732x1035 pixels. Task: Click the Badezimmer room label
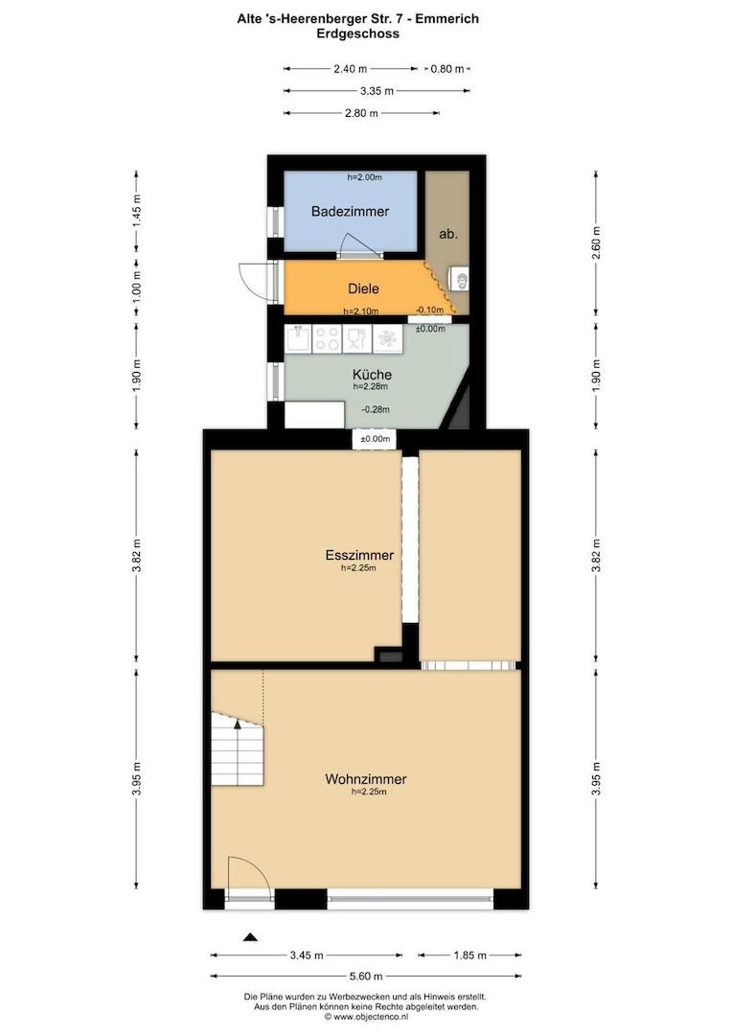click(x=350, y=211)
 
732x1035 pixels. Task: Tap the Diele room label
click(x=363, y=288)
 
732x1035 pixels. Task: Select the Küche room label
click(x=372, y=375)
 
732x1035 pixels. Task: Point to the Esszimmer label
click(x=359, y=555)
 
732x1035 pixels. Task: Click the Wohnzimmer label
click(x=366, y=779)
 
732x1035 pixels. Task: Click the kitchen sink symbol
click(x=298, y=338)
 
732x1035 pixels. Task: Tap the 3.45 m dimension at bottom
click(x=307, y=955)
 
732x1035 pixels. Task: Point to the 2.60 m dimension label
click(x=596, y=242)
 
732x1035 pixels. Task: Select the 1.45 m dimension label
click(x=137, y=212)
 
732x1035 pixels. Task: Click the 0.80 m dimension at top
click(x=446, y=69)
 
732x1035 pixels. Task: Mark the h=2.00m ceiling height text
click(x=364, y=177)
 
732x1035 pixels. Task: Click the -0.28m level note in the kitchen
click(x=375, y=409)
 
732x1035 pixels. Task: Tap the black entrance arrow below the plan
click(x=250, y=936)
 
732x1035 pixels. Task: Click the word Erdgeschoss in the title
click(x=357, y=34)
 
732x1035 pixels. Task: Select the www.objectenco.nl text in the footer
click(x=371, y=1017)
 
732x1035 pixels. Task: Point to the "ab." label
click(x=448, y=234)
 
